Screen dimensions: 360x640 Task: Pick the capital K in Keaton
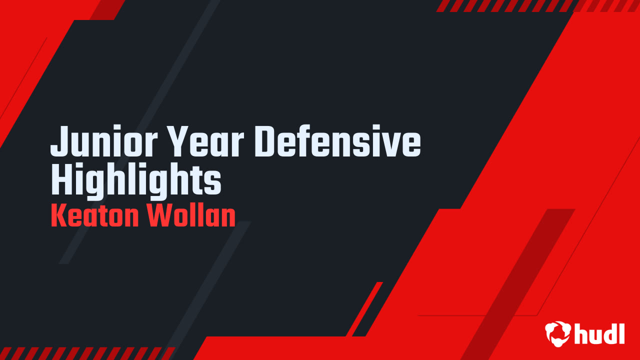tap(58, 216)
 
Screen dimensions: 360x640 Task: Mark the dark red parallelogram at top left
tap(107, 9)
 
